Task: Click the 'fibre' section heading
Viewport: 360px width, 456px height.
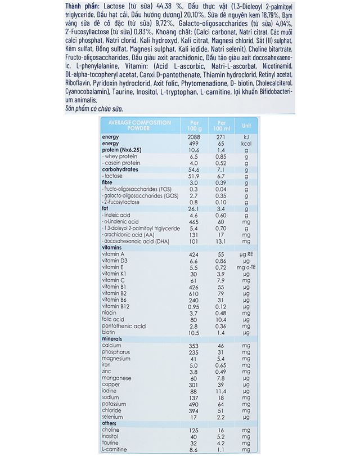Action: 109,182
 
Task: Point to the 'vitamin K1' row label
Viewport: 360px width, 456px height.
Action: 115,274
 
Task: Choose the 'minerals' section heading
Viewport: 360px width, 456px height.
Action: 112,339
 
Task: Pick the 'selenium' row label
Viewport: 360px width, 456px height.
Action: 113,417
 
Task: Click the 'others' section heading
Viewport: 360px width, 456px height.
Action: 110,423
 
